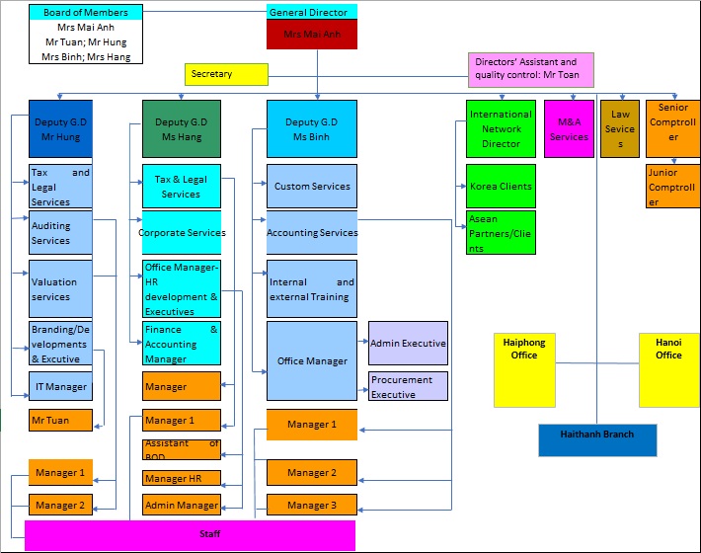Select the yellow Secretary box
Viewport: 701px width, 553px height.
tap(226, 74)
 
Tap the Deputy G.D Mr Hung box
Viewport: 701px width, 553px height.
tap(60, 129)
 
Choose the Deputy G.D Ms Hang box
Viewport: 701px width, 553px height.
tap(182, 129)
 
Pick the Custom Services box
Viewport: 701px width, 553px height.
tap(312, 186)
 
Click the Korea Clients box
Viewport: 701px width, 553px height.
tap(501, 186)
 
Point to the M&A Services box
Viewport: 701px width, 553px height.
tap(568, 129)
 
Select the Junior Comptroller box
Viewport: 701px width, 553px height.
tap(672, 187)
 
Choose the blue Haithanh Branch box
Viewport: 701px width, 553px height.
tap(596, 440)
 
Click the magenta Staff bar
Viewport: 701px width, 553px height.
tap(190, 535)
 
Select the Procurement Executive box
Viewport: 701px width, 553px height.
tap(408, 386)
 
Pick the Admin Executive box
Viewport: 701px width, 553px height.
tap(408, 343)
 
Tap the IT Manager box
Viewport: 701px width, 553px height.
tap(60, 386)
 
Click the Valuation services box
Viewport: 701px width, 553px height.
tap(60, 288)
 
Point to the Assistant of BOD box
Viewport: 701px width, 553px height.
tap(182, 449)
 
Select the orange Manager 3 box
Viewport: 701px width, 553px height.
tap(312, 505)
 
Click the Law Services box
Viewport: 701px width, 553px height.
tap(620, 129)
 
